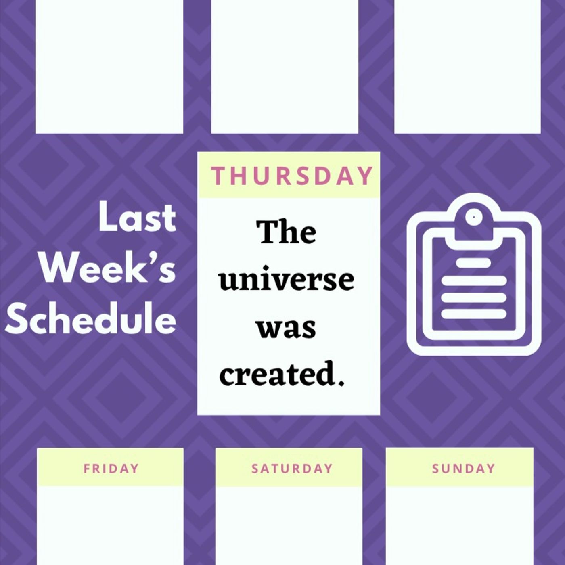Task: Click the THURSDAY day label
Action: [292, 176]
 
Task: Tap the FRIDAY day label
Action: [111, 468]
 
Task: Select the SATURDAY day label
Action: [292, 468]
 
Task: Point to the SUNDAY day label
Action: [464, 468]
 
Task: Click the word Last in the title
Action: [137, 218]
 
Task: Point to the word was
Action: [287, 329]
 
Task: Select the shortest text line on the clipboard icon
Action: [473, 262]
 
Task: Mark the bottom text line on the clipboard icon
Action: [474, 314]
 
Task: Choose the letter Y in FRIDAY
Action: [134, 468]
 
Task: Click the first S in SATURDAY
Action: [255, 468]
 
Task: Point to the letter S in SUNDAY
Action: [436, 468]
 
